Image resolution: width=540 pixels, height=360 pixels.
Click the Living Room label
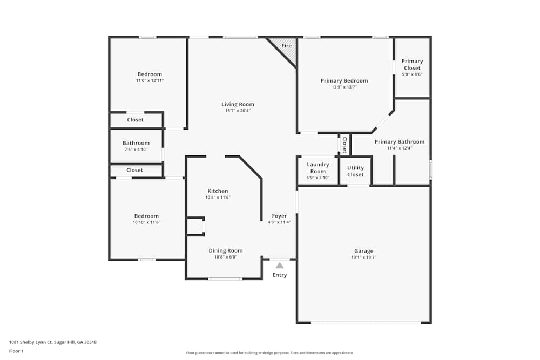tap(238, 104)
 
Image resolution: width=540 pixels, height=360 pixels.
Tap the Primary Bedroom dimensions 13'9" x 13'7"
tap(344, 87)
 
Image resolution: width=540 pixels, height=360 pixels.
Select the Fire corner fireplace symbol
tap(286, 47)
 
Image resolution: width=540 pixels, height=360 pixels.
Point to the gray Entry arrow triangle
tap(280, 265)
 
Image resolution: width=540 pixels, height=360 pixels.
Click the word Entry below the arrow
tap(280, 275)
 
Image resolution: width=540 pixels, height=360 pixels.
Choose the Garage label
tap(363, 251)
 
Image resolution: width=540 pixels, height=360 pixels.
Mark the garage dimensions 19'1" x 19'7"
tap(363, 257)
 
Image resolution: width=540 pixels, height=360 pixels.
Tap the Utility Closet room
tap(355, 171)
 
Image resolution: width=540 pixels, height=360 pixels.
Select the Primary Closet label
tap(412, 65)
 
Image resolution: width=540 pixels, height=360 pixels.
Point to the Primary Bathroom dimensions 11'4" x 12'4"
tap(399, 148)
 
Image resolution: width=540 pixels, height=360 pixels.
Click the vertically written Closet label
tap(344, 145)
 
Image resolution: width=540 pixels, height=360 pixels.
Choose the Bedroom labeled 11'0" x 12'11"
tap(150, 77)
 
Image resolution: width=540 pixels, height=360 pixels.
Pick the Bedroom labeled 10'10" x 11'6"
tap(147, 219)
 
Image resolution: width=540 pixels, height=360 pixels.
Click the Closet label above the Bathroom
tap(135, 120)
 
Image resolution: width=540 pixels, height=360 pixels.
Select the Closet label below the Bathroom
tap(134, 170)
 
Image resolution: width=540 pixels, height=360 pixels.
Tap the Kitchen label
tap(218, 191)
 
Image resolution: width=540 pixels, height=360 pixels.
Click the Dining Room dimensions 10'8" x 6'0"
tap(226, 257)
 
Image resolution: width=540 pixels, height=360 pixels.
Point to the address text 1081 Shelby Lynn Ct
tap(52, 342)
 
